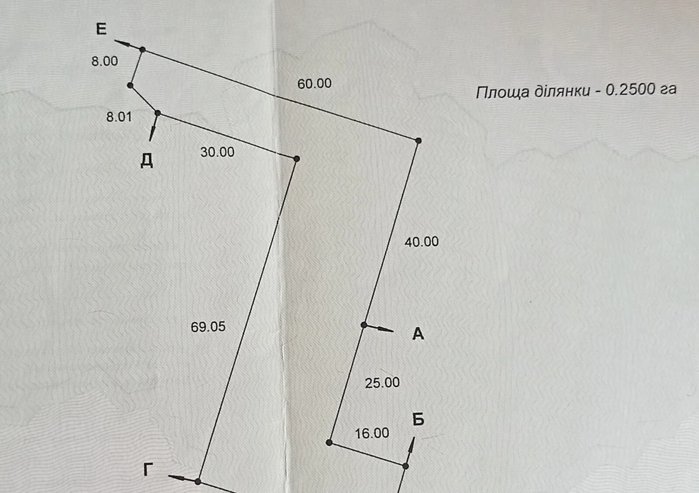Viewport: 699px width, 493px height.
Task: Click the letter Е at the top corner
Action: point(101,29)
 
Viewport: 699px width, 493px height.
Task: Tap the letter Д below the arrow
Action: point(146,161)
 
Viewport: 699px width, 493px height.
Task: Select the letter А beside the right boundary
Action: point(418,334)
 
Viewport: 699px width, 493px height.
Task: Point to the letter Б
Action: point(418,420)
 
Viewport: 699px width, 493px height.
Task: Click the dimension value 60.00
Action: point(314,83)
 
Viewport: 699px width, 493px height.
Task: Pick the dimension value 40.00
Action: point(422,241)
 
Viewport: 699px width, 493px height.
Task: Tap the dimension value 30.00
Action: point(217,152)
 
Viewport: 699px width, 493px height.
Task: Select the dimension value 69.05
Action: point(208,327)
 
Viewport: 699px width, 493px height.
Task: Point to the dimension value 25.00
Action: point(382,383)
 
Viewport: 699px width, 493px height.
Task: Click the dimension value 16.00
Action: point(372,433)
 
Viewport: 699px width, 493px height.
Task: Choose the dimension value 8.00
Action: point(104,61)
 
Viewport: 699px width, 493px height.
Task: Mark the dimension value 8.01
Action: point(119,117)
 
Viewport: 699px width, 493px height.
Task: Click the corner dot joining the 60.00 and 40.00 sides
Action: point(419,141)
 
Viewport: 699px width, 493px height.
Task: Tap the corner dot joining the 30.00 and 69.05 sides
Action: point(297,159)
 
